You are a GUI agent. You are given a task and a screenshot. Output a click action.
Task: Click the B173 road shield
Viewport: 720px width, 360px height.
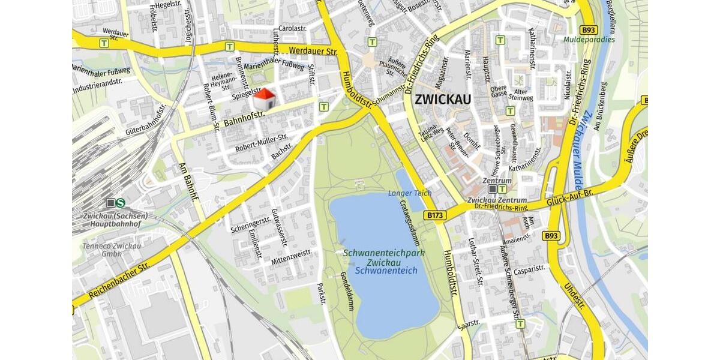click(436, 215)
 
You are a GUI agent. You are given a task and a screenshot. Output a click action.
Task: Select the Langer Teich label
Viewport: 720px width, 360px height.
click(409, 193)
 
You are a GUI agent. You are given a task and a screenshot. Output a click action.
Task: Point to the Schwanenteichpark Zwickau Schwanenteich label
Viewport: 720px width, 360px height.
click(384, 262)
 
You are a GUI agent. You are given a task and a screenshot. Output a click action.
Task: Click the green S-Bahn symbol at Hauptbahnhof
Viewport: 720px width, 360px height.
click(121, 203)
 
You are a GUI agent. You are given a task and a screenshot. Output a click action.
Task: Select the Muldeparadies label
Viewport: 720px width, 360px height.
click(589, 40)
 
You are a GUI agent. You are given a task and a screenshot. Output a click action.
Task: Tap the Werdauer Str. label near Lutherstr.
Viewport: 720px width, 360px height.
click(312, 52)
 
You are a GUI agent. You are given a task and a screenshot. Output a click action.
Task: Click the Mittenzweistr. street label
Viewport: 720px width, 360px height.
click(292, 257)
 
